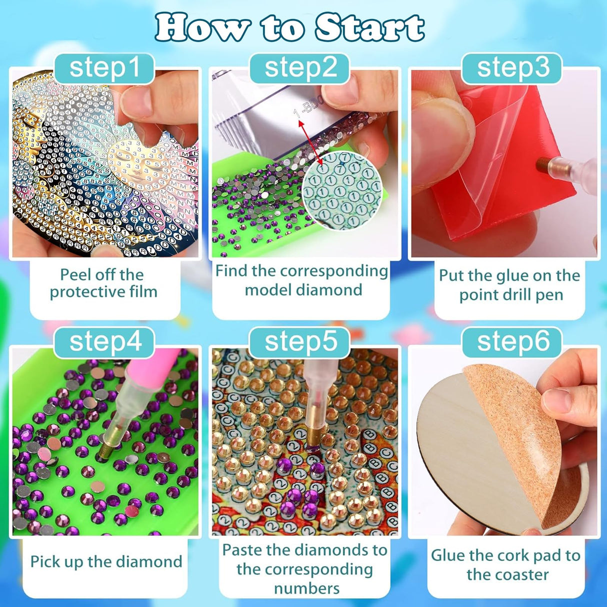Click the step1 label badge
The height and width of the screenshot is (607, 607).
click(104, 68)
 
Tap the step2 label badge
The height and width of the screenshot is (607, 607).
click(300, 68)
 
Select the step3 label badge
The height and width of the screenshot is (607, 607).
click(512, 68)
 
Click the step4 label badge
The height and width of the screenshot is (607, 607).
click(105, 343)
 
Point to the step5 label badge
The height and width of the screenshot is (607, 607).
click(300, 343)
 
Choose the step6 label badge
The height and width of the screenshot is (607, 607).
click(512, 343)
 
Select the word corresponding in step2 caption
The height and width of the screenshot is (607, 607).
click(333, 271)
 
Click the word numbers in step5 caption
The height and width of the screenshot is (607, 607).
click(306, 588)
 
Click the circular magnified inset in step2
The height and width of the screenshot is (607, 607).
click(341, 190)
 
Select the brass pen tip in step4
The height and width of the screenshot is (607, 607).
click(106, 446)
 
